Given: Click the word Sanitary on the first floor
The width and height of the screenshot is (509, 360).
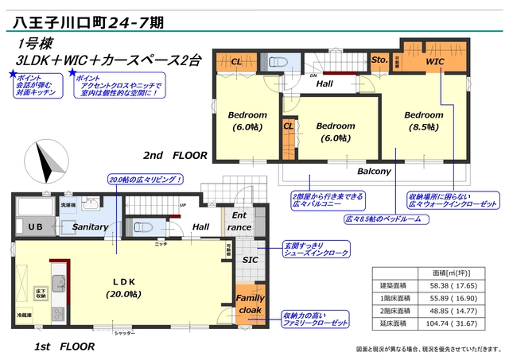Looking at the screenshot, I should pos(89,227).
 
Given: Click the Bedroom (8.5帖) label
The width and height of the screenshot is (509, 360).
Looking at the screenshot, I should pos(422,120).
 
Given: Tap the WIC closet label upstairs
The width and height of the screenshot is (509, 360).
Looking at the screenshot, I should pos(434,61).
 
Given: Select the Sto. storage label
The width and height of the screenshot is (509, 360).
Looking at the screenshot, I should pos(379,60).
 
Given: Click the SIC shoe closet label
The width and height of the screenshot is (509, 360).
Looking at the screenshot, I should pos(249,259).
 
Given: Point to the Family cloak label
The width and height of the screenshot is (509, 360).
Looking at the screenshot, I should pos(250,304).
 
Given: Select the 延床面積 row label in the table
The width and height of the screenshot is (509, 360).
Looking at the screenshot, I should pos(392,323).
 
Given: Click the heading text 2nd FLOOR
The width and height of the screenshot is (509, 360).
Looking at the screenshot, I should pos(175,156).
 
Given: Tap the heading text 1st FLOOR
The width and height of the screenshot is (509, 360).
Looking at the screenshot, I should pos(64,346).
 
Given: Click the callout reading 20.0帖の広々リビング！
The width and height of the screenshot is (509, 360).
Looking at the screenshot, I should pos(146,180).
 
